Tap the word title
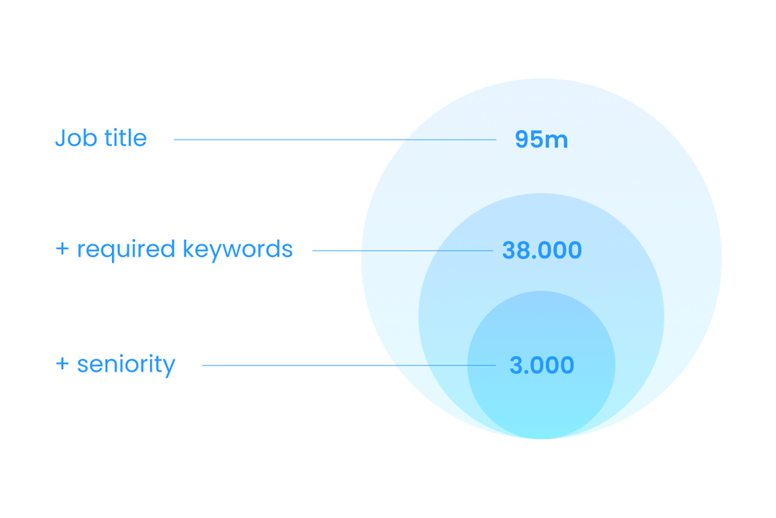tap(125, 137)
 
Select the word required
tap(126, 250)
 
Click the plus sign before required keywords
tap(63, 250)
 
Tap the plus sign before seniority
tap(63, 365)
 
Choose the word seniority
tap(126, 365)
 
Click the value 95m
tap(541, 140)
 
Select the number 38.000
tap(542, 250)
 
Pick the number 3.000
tap(542, 365)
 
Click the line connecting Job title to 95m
tap(334, 140)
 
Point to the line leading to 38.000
tap(402, 250)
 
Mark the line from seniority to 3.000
tap(348, 365)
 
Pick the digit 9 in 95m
tap(523, 140)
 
